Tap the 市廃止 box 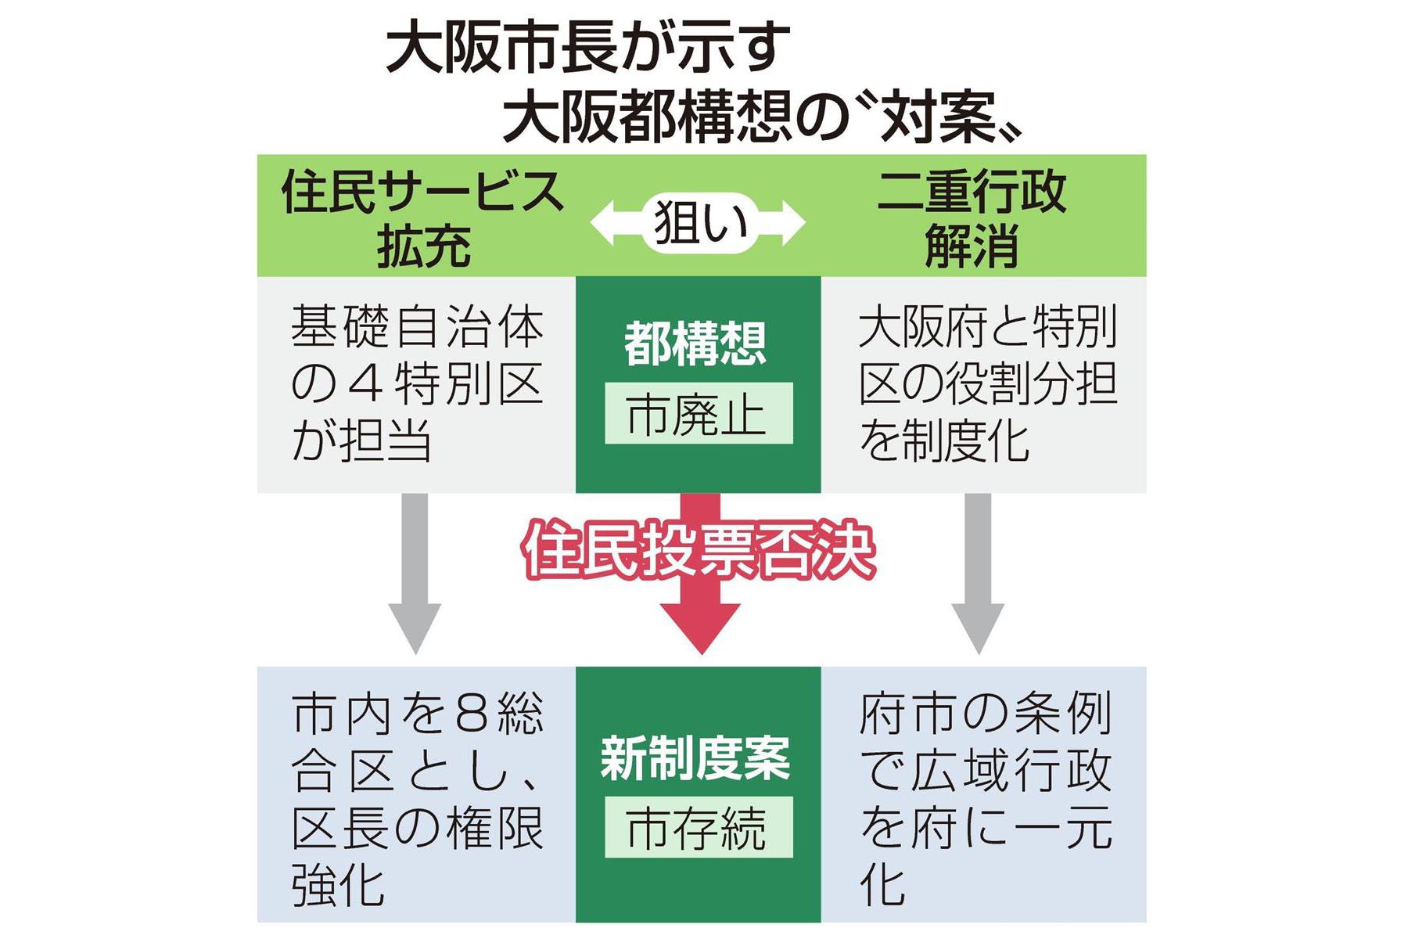698,414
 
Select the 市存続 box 698,828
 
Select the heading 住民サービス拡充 422,219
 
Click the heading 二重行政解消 972,219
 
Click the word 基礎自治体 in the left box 417,326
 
